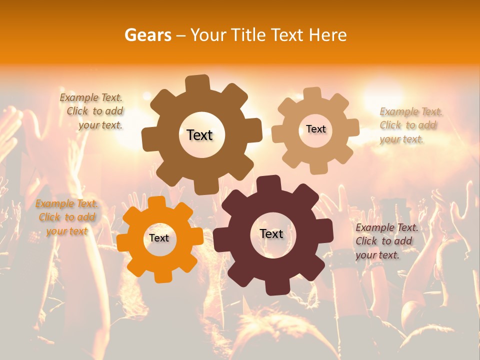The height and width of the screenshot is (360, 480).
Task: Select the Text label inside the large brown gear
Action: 199,135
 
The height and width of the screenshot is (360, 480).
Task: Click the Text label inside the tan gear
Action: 315,129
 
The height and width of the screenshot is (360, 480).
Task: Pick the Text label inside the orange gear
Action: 159,238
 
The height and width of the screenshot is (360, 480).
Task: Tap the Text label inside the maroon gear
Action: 271,233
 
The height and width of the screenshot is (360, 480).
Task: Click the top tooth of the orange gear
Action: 156,202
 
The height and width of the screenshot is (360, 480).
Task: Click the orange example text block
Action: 66,217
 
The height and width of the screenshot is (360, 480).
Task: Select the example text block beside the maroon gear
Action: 386,241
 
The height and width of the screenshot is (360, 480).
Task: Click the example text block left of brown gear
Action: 92,111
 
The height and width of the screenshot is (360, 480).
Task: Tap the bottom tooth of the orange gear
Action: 161,274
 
